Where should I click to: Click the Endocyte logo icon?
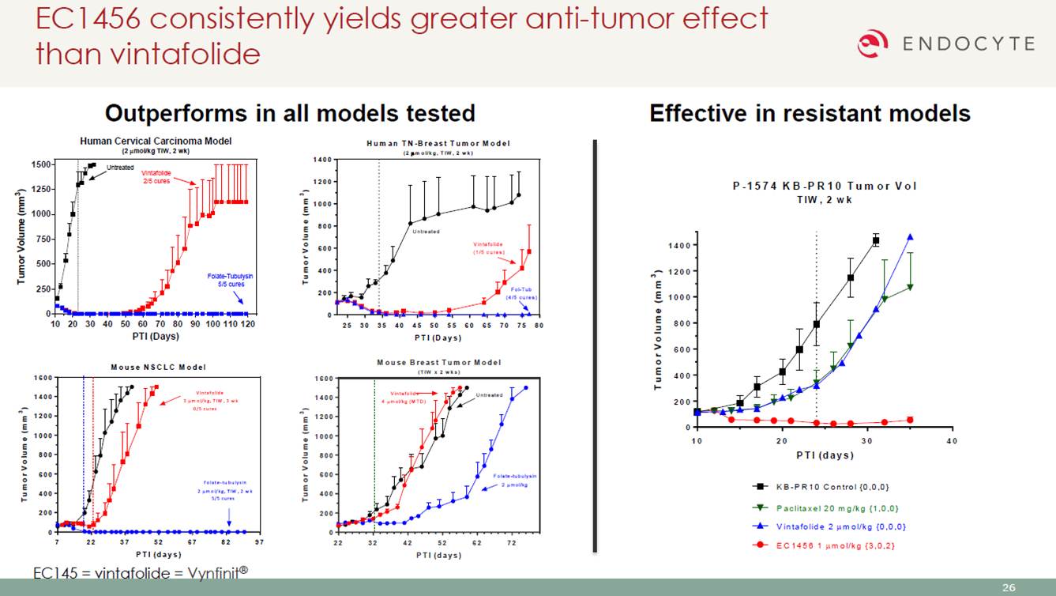873,43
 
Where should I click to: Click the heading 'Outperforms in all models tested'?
290,113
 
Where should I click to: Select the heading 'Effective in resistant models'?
810,113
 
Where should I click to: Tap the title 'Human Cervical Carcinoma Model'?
156,141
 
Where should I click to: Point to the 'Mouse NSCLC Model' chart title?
158,367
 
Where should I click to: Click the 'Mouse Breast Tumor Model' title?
438,362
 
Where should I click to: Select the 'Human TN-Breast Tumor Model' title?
438,143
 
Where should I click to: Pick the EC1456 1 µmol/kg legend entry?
829,545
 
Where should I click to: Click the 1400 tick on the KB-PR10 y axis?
678,245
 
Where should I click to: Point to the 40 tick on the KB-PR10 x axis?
951,440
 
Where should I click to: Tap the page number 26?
1009,587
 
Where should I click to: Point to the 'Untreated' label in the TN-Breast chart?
426,232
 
